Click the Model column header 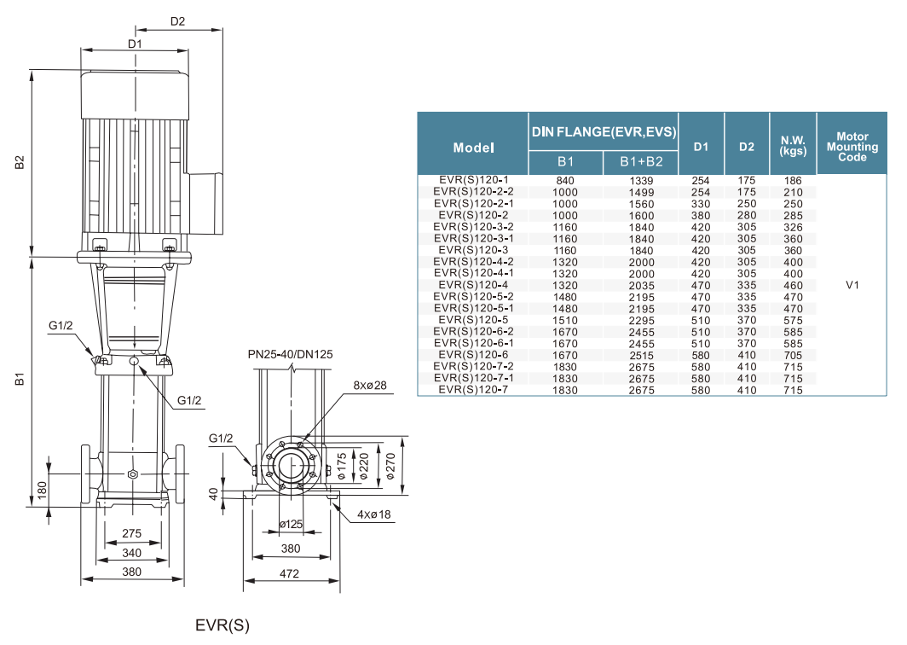[x=474, y=147]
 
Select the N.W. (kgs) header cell [x=793, y=146]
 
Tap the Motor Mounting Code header [x=852, y=146]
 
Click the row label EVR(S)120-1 [x=473, y=181]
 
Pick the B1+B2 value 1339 [x=640, y=181]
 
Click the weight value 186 [x=793, y=181]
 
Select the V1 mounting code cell [x=852, y=285]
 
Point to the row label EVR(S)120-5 [x=473, y=320]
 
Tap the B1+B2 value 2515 [x=640, y=355]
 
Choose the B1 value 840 [x=565, y=181]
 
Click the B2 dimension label [x=19, y=162]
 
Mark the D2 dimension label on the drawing [x=177, y=21]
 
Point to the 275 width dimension [x=131, y=532]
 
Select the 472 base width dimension [x=289, y=574]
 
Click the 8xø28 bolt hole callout [x=369, y=386]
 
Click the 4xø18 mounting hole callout [x=373, y=514]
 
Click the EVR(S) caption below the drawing [x=222, y=625]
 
